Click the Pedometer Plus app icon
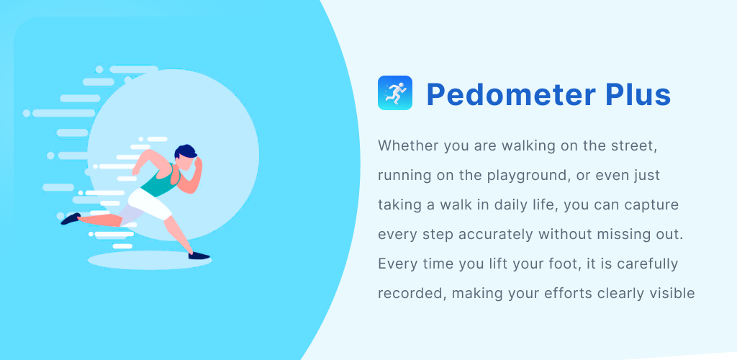[395, 93]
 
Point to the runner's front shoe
[199, 256]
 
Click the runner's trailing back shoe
[71, 219]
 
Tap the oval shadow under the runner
[150, 261]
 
